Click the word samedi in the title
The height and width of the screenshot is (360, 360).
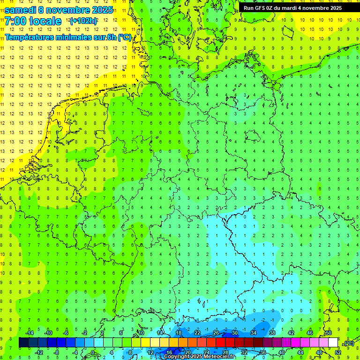click(x=22, y=10)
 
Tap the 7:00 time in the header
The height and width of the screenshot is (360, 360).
click(x=13, y=21)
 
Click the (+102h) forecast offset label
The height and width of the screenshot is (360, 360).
click(x=83, y=21)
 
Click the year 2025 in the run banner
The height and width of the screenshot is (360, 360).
click(x=334, y=8)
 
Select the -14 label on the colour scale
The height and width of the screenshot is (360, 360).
click(x=29, y=333)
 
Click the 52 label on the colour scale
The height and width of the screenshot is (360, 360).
click(x=338, y=352)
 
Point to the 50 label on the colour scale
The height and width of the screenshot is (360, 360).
click(x=329, y=333)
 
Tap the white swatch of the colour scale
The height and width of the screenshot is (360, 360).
click(x=333, y=343)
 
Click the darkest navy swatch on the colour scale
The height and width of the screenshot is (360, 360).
click(x=23, y=343)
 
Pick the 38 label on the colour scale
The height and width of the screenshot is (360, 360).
click(x=272, y=333)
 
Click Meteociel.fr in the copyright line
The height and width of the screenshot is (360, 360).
click(x=219, y=357)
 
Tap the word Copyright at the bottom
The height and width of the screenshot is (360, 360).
click(x=179, y=357)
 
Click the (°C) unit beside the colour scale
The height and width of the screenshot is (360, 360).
click(x=348, y=343)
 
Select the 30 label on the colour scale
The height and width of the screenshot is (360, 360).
click(x=235, y=333)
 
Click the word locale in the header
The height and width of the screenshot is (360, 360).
click(x=44, y=21)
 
